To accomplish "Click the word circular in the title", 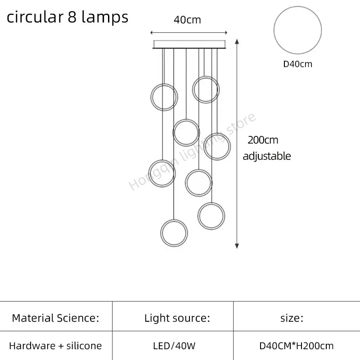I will [33, 17].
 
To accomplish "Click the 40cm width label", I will [187, 20].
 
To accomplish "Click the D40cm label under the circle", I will [297, 64].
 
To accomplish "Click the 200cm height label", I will [263, 140].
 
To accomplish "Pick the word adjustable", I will [267, 156].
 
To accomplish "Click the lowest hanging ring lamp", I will [174, 232].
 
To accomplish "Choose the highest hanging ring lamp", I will [206, 89].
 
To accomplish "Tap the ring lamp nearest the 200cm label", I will [217, 146].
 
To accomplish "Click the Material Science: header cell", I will [55, 318].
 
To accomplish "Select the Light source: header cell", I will [177, 318].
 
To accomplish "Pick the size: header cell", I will [292, 318].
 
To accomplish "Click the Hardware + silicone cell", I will [55, 346].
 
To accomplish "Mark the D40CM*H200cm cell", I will [297, 346].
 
